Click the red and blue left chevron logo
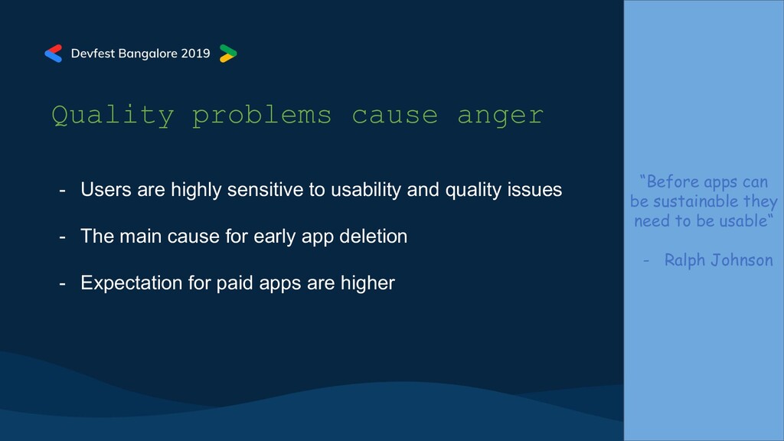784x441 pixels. coord(54,54)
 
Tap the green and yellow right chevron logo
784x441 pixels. coord(228,54)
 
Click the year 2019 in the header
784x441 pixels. coord(195,54)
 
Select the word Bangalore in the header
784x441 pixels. coord(148,54)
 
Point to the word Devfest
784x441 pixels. coord(93,54)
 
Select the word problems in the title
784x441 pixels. coord(262,116)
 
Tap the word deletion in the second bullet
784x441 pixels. coord(373,237)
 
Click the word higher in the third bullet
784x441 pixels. coord(367,283)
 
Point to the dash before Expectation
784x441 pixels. coord(63,283)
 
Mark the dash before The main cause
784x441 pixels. coord(63,237)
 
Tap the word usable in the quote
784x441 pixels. coord(743,220)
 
